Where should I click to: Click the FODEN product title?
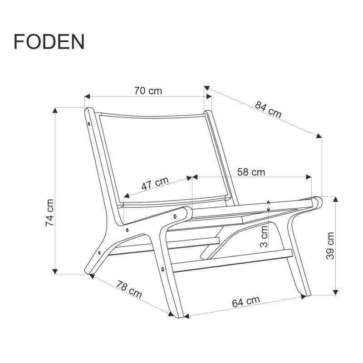[49, 41]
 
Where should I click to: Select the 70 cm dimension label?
[148, 90]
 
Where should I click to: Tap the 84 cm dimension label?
[268, 110]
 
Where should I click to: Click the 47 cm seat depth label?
[154, 183]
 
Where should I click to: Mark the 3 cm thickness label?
[265, 236]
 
